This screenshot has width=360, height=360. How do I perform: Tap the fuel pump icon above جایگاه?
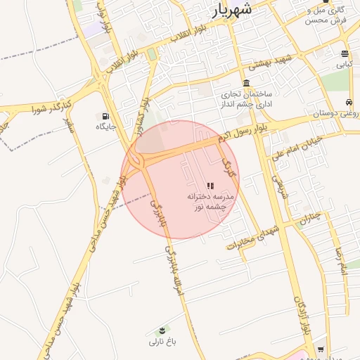click(105, 116)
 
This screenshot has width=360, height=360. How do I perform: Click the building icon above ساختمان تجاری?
click(247, 83)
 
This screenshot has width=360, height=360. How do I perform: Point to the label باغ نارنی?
click(162, 342)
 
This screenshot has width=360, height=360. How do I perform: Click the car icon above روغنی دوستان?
click(349, 102)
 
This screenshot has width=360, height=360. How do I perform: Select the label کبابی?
click(344, 64)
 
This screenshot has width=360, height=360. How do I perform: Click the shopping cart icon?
click(321, 349)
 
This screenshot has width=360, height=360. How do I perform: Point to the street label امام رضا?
click(342, 259)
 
